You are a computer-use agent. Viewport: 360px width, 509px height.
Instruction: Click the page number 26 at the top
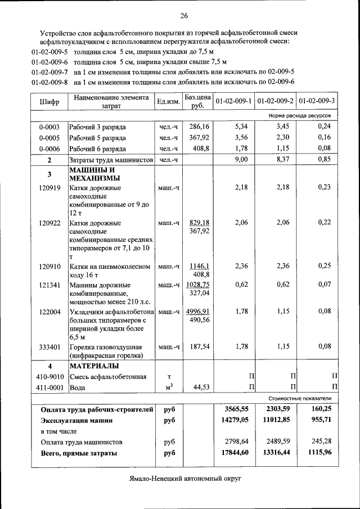coord(184,15)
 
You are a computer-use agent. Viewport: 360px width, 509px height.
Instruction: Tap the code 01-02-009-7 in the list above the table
coord(49,72)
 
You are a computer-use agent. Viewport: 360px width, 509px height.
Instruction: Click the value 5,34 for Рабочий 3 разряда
coord(240,127)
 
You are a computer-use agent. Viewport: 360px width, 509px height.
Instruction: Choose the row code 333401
coord(49,346)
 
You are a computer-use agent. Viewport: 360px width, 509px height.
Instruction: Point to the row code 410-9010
coord(49,376)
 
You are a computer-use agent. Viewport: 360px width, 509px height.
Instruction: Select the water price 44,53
coord(201,388)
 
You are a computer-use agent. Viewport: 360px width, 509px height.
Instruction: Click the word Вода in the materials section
coord(78,388)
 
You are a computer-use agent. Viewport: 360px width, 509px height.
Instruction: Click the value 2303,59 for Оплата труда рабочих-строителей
coord(279,409)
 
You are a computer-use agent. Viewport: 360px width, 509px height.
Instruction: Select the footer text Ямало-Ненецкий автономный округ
coord(183,478)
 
